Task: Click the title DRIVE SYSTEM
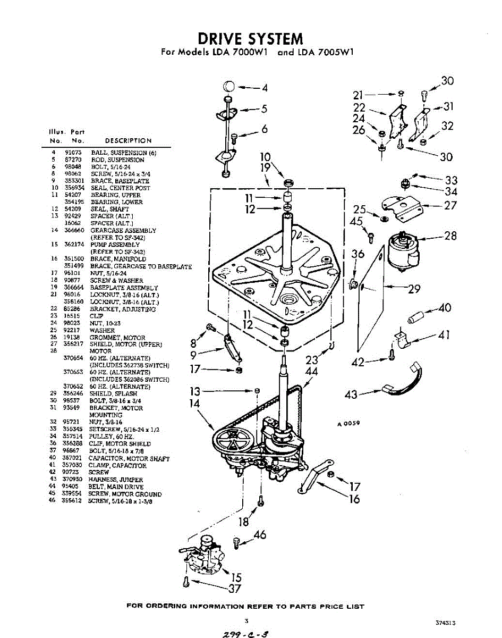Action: tap(250, 38)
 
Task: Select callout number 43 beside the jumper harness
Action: tap(351, 394)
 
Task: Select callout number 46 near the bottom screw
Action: tap(260, 535)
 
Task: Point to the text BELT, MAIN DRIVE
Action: tap(117, 486)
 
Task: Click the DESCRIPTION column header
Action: tap(128, 141)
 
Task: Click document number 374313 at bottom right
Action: tap(445, 623)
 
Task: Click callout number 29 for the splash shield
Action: tap(414, 289)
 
